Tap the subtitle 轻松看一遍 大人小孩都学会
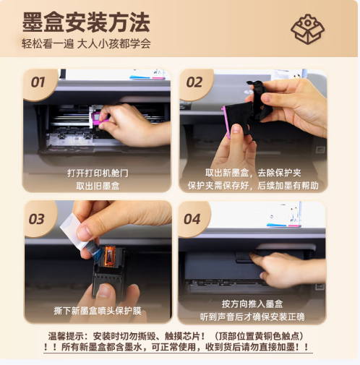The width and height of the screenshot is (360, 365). (x=86, y=44)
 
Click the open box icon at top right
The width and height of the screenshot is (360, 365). (x=307, y=28)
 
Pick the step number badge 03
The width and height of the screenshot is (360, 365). (x=37, y=218)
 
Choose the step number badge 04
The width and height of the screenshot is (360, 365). (x=192, y=218)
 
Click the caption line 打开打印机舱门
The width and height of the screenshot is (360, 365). (x=98, y=173)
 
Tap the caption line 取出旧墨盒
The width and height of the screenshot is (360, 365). (x=98, y=185)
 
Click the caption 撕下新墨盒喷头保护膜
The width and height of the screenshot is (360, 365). (x=98, y=310)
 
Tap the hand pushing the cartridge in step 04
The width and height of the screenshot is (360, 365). (x=286, y=268)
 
